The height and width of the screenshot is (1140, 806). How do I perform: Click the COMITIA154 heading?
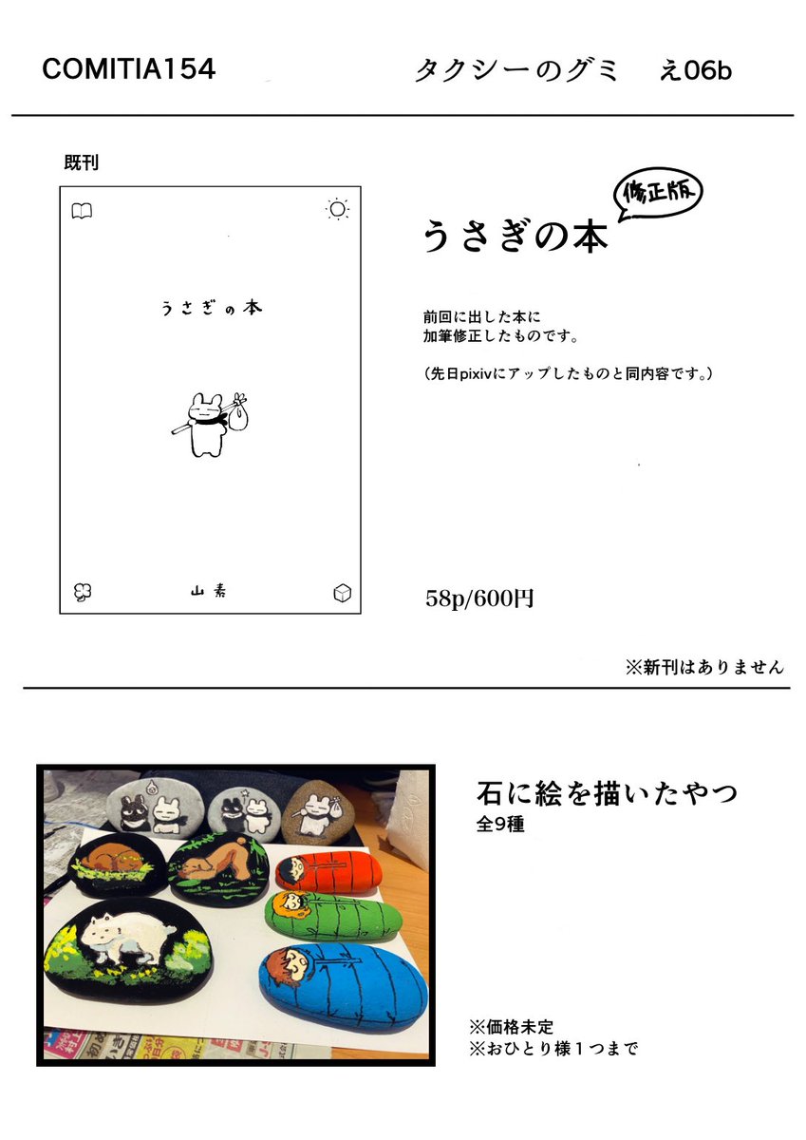[129, 69]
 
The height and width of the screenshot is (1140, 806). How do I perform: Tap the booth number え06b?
[695, 70]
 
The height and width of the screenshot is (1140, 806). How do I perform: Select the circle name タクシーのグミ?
[516, 70]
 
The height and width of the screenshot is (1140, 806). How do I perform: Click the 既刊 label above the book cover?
[81, 162]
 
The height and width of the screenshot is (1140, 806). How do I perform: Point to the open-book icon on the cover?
[83, 211]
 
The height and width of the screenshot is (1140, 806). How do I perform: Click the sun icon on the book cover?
[337, 209]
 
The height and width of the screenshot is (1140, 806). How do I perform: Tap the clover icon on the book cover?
[83, 592]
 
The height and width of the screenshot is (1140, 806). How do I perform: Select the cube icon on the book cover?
[342, 593]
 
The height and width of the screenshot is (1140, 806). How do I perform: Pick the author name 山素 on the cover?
[209, 592]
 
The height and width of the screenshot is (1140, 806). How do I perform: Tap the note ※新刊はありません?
[704, 667]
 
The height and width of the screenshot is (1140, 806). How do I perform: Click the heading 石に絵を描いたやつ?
[607, 792]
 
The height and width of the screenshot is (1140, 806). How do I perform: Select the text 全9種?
[500, 824]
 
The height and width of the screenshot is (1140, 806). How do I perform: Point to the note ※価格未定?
[511, 1026]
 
